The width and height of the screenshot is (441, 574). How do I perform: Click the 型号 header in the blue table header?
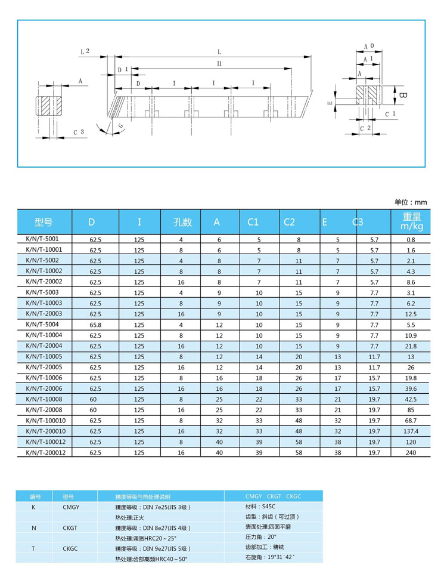point(44,222)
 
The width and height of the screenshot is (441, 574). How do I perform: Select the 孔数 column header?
point(182,222)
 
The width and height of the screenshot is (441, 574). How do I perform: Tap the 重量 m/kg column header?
point(411,221)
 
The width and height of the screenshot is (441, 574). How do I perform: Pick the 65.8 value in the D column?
point(95,325)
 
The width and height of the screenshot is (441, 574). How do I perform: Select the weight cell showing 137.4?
point(411,431)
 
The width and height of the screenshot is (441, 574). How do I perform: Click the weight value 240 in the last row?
point(411,452)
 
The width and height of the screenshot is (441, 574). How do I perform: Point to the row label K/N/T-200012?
point(46,452)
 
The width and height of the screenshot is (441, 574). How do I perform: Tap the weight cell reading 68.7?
point(411,420)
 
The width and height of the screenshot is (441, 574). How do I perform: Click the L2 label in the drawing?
point(85,52)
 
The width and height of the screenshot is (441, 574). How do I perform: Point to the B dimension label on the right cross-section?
point(403,95)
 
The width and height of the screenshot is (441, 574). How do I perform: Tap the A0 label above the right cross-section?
point(369,45)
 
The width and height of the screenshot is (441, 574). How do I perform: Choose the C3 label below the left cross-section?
point(78,132)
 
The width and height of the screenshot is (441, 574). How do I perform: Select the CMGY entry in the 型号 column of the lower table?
point(71,507)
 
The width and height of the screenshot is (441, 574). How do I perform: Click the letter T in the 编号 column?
point(33,548)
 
